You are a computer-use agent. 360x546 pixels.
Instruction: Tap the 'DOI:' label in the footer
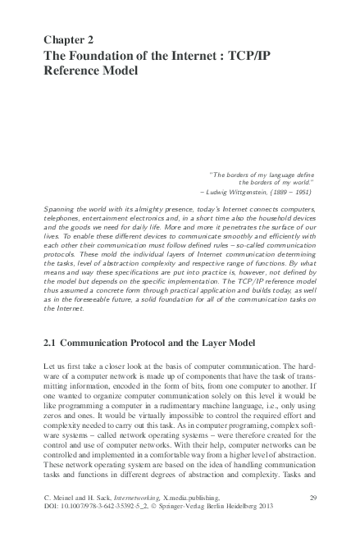click(50, 530)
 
